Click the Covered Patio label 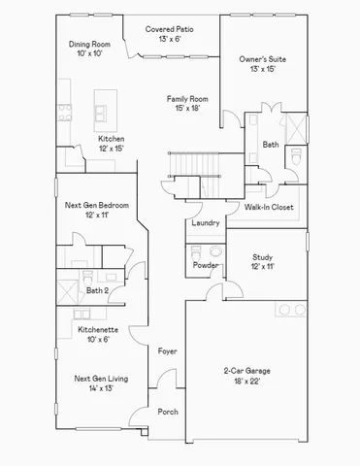tap(170, 35)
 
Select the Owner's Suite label tap(263, 65)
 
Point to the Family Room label tap(187, 104)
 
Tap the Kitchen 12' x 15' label tap(112, 144)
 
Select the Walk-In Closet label tap(269, 208)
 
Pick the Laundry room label tap(205, 223)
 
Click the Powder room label tap(205, 265)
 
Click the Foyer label tap(167, 350)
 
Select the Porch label tap(168, 412)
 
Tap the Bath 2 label tap(97, 290)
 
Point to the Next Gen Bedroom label tap(96, 210)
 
